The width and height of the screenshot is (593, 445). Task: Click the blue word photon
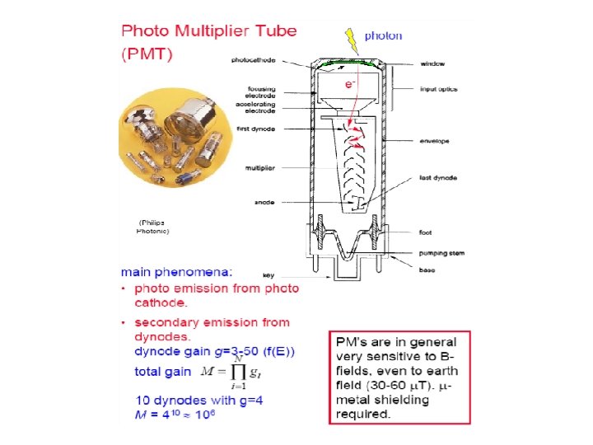(384, 35)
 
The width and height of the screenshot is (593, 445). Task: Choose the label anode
(263, 201)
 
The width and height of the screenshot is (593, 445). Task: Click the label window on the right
(432, 63)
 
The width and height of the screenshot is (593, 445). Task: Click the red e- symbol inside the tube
(350, 85)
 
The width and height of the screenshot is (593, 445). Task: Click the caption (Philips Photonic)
(152, 227)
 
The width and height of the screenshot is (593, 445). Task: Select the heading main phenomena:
(177, 271)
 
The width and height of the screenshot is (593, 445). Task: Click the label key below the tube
(268, 274)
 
